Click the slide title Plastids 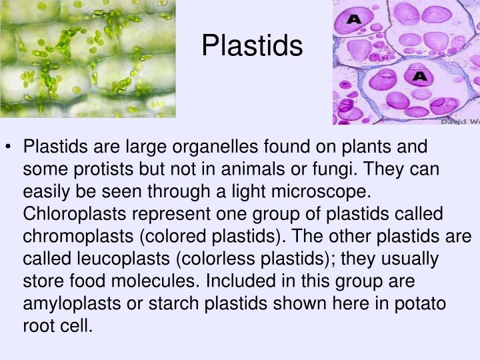[x=252, y=46]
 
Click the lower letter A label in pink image [x=419, y=77]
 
